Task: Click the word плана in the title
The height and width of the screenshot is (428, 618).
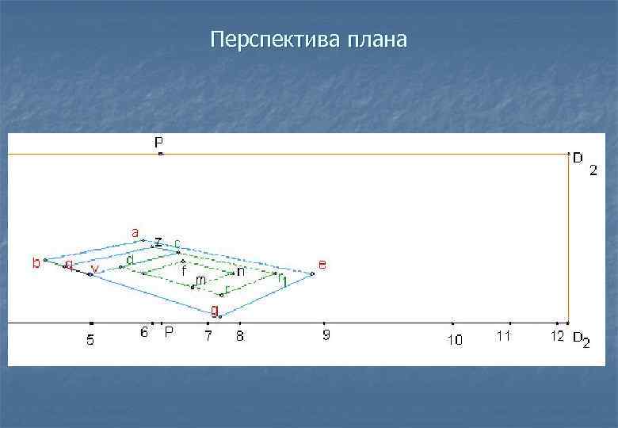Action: pyautogui.click(x=376, y=40)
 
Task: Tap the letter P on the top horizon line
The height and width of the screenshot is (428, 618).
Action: pyautogui.click(x=159, y=143)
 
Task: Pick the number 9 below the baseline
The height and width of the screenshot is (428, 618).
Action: pyautogui.click(x=326, y=336)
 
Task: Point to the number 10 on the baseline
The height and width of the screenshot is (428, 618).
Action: pyautogui.click(x=454, y=340)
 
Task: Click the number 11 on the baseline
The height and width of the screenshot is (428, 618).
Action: pyautogui.click(x=503, y=336)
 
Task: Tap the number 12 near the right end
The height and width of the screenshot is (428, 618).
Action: pyautogui.click(x=558, y=336)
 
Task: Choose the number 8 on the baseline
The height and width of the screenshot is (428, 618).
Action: pyautogui.click(x=240, y=336)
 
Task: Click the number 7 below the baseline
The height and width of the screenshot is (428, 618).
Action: pyautogui.click(x=208, y=337)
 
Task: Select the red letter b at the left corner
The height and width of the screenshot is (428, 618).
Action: pyautogui.click(x=36, y=263)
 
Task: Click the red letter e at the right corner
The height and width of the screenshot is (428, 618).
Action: pyautogui.click(x=322, y=263)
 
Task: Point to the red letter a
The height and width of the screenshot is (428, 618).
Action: pyautogui.click(x=135, y=233)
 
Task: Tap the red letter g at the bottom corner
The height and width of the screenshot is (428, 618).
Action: pyautogui.click(x=214, y=309)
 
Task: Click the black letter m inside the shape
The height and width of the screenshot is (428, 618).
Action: pyautogui.click(x=201, y=280)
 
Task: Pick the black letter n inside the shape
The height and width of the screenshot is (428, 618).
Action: pyautogui.click(x=241, y=271)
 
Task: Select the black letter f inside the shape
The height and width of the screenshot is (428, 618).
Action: pyautogui.click(x=184, y=270)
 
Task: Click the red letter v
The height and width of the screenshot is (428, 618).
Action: pyautogui.click(x=95, y=269)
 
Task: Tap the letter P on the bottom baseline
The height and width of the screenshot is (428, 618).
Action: pyautogui.click(x=169, y=333)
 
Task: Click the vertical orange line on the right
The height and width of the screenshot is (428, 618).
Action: pyautogui.click(x=568, y=238)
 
